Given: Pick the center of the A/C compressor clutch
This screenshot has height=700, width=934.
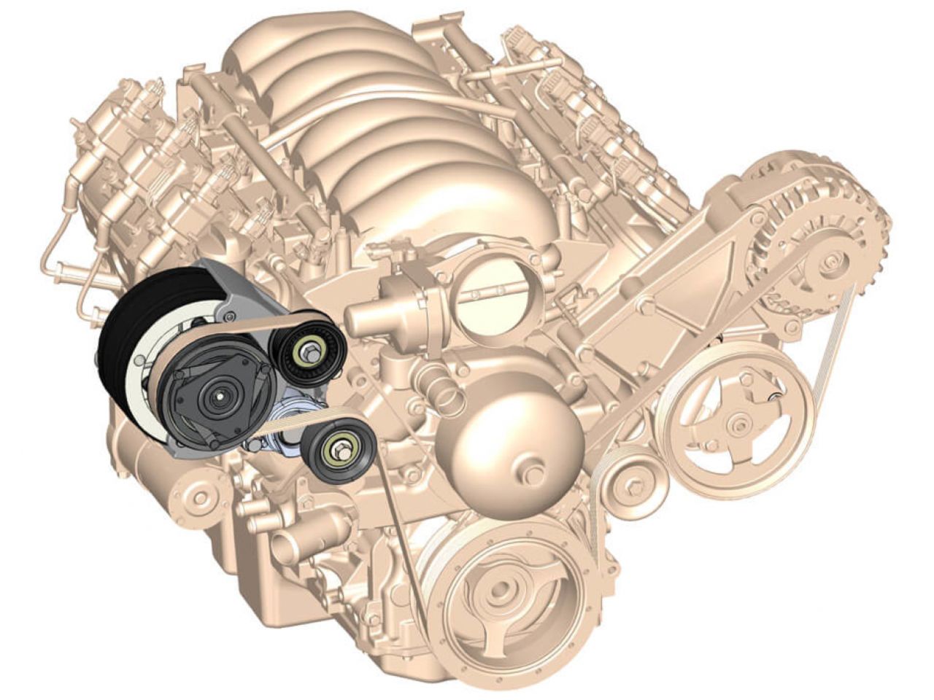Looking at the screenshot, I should point(219,397).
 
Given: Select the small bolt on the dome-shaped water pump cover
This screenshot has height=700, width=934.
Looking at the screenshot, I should point(530,475).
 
